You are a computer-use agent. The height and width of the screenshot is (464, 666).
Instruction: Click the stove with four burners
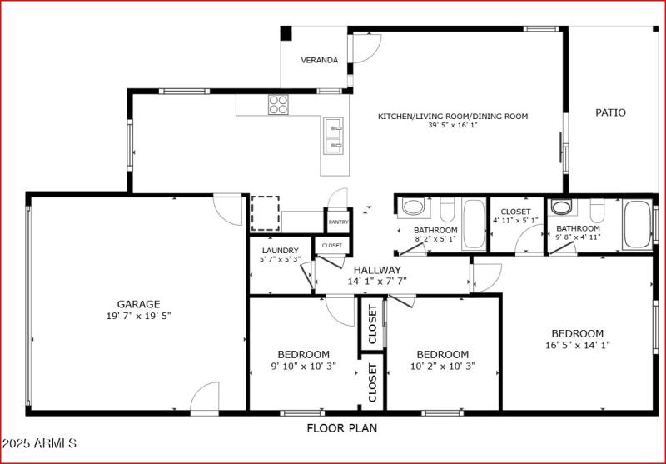(278, 104)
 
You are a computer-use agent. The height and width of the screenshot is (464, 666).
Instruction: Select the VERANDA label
(320, 60)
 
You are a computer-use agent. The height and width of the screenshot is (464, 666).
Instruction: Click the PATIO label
(610, 112)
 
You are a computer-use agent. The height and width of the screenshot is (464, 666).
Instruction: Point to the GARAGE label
(138, 304)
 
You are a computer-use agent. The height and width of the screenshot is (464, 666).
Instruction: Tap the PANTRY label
(338, 222)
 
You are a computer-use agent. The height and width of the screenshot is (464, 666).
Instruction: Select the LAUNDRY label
(281, 250)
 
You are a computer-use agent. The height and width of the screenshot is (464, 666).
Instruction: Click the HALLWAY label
(377, 270)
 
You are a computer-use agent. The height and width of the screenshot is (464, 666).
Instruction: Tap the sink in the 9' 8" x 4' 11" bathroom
(562, 207)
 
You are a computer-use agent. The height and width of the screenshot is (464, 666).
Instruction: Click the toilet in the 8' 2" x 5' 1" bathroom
(446, 207)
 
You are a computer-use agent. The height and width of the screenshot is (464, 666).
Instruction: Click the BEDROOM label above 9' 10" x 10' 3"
(303, 354)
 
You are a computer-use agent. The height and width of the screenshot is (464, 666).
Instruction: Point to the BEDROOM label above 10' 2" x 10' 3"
(442, 354)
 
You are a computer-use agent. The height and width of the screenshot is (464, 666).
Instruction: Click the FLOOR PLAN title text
(341, 429)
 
